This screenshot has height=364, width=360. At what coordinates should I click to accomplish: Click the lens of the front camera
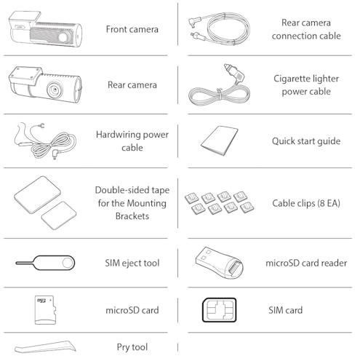[x=64, y=37]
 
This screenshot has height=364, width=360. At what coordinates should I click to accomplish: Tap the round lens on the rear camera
[x=55, y=90]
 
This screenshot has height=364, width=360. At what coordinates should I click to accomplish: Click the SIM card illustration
[x=219, y=310]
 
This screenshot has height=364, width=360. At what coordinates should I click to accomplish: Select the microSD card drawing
[x=45, y=310]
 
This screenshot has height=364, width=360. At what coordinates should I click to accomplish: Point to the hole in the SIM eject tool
[x=67, y=263]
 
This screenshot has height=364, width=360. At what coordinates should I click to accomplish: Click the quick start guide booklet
[x=219, y=141]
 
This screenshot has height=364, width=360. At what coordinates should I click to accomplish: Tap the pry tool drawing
[x=45, y=347]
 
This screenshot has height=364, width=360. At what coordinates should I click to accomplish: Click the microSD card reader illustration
[x=219, y=263]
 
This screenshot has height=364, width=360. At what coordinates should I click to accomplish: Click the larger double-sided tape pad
[x=37, y=195]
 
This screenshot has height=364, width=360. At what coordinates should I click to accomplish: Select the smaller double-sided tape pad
[x=59, y=215]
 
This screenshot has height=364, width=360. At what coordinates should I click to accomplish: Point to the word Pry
[x=123, y=347]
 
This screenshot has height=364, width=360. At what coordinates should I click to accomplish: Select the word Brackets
[x=132, y=216]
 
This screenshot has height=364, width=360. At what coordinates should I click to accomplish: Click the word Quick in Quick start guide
[x=283, y=141]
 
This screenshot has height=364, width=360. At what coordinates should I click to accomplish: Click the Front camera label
[x=132, y=29]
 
